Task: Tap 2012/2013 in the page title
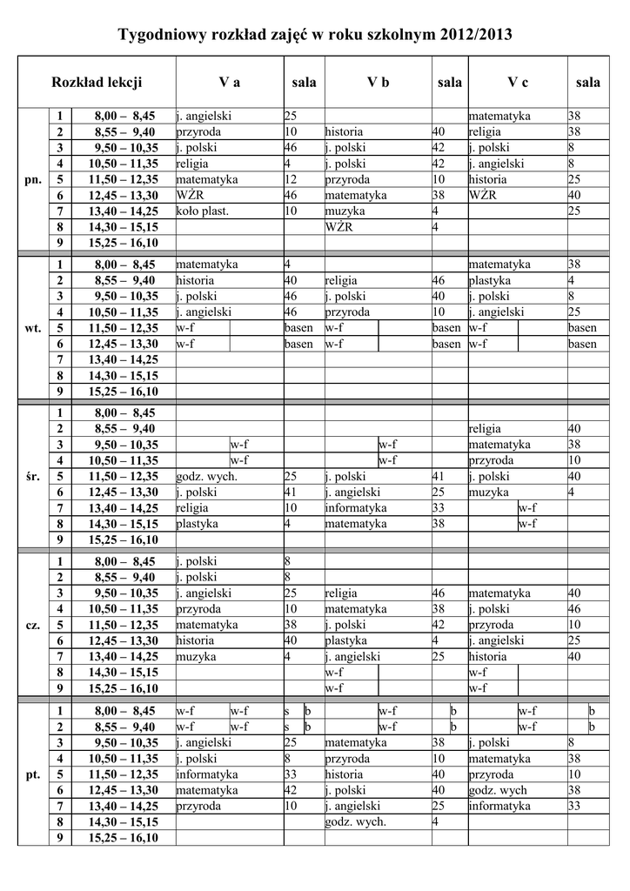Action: click(x=477, y=36)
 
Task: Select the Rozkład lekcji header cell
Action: click(x=97, y=83)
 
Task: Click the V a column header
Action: click(x=230, y=83)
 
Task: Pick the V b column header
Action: click(x=378, y=83)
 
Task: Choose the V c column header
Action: click(x=518, y=83)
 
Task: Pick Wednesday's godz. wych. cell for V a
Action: click(x=206, y=477)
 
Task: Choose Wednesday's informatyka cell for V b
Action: click(x=355, y=508)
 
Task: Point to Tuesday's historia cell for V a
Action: click(x=195, y=281)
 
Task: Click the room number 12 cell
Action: click(x=291, y=179)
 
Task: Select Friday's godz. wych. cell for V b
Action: click(x=355, y=821)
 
